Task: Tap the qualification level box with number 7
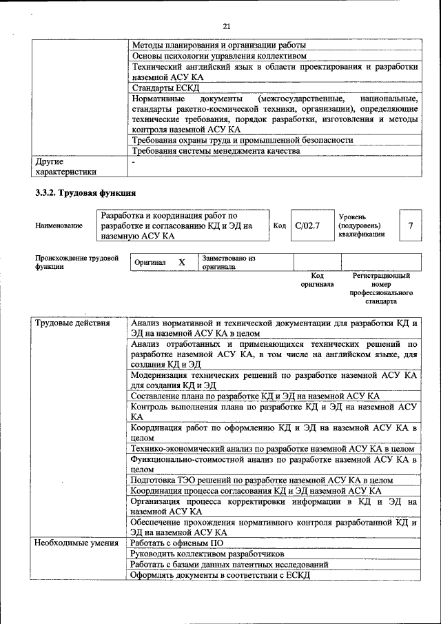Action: click(x=411, y=225)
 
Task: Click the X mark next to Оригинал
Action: click(x=182, y=263)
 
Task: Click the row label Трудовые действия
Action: click(x=72, y=323)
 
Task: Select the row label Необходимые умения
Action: click(x=76, y=544)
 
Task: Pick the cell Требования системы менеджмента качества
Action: click(x=216, y=150)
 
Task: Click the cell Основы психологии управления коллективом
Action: click(x=219, y=56)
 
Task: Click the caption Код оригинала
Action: click(x=317, y=279)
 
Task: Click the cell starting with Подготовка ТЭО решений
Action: click(x=261, y=480)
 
